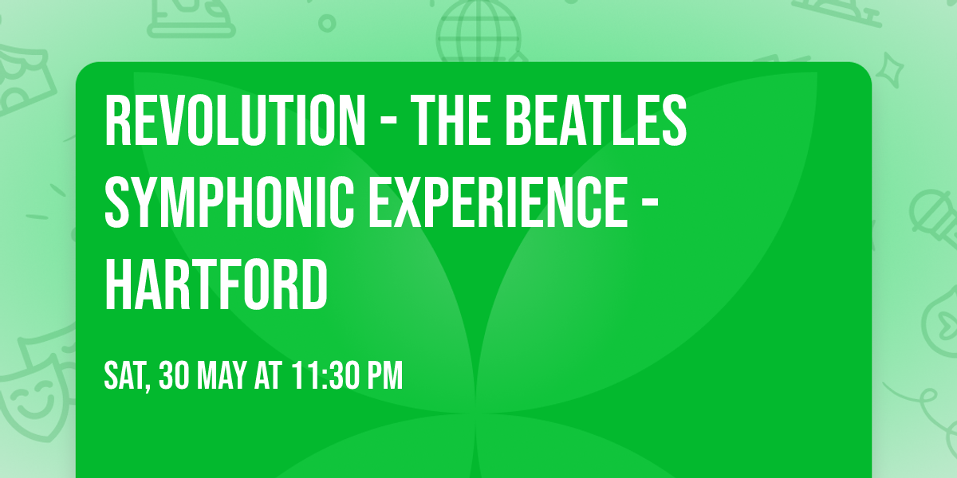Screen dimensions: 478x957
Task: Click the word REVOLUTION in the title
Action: [232, 121]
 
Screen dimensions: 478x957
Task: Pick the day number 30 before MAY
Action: [174, 375]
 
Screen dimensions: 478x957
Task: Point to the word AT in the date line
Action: [267, 375]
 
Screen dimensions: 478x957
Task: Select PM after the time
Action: [384, 375]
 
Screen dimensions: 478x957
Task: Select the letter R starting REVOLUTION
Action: [118, 121]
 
